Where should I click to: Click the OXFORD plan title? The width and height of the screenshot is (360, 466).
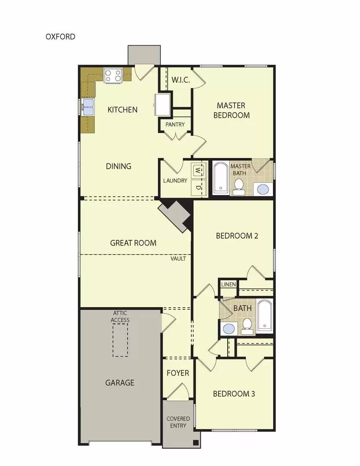pos(60,36)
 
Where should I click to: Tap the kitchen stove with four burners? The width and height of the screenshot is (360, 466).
pos(113,76)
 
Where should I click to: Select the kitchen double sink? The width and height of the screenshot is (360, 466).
pos(88,107)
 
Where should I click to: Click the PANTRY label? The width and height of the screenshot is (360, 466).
pos(175,124)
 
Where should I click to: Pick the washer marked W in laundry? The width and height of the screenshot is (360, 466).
pos(198,170)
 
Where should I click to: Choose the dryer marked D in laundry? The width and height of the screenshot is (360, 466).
pos(198,187)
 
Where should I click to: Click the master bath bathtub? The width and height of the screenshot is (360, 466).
pos(220,177)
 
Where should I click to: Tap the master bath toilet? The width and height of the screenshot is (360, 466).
pos(238,186)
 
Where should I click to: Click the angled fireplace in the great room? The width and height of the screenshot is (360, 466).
pos(175,216)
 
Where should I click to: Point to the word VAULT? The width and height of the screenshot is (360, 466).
pos(178,258)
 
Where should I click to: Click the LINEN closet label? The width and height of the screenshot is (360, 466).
pos(229,284)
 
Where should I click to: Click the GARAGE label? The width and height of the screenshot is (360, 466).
pos(120,382)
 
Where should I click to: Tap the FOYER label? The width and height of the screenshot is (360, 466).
pos(178,373)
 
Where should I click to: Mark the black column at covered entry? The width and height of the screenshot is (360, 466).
pos(196,442)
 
